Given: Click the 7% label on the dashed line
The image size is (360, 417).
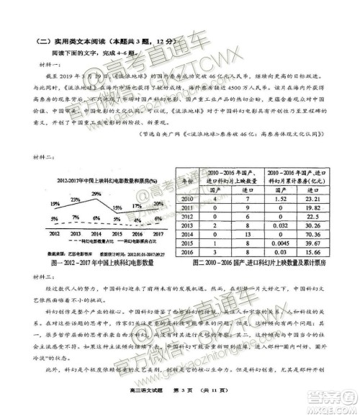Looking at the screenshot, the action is (x=76, y=217).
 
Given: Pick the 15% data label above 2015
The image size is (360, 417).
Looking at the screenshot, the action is (x=117, y=207).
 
